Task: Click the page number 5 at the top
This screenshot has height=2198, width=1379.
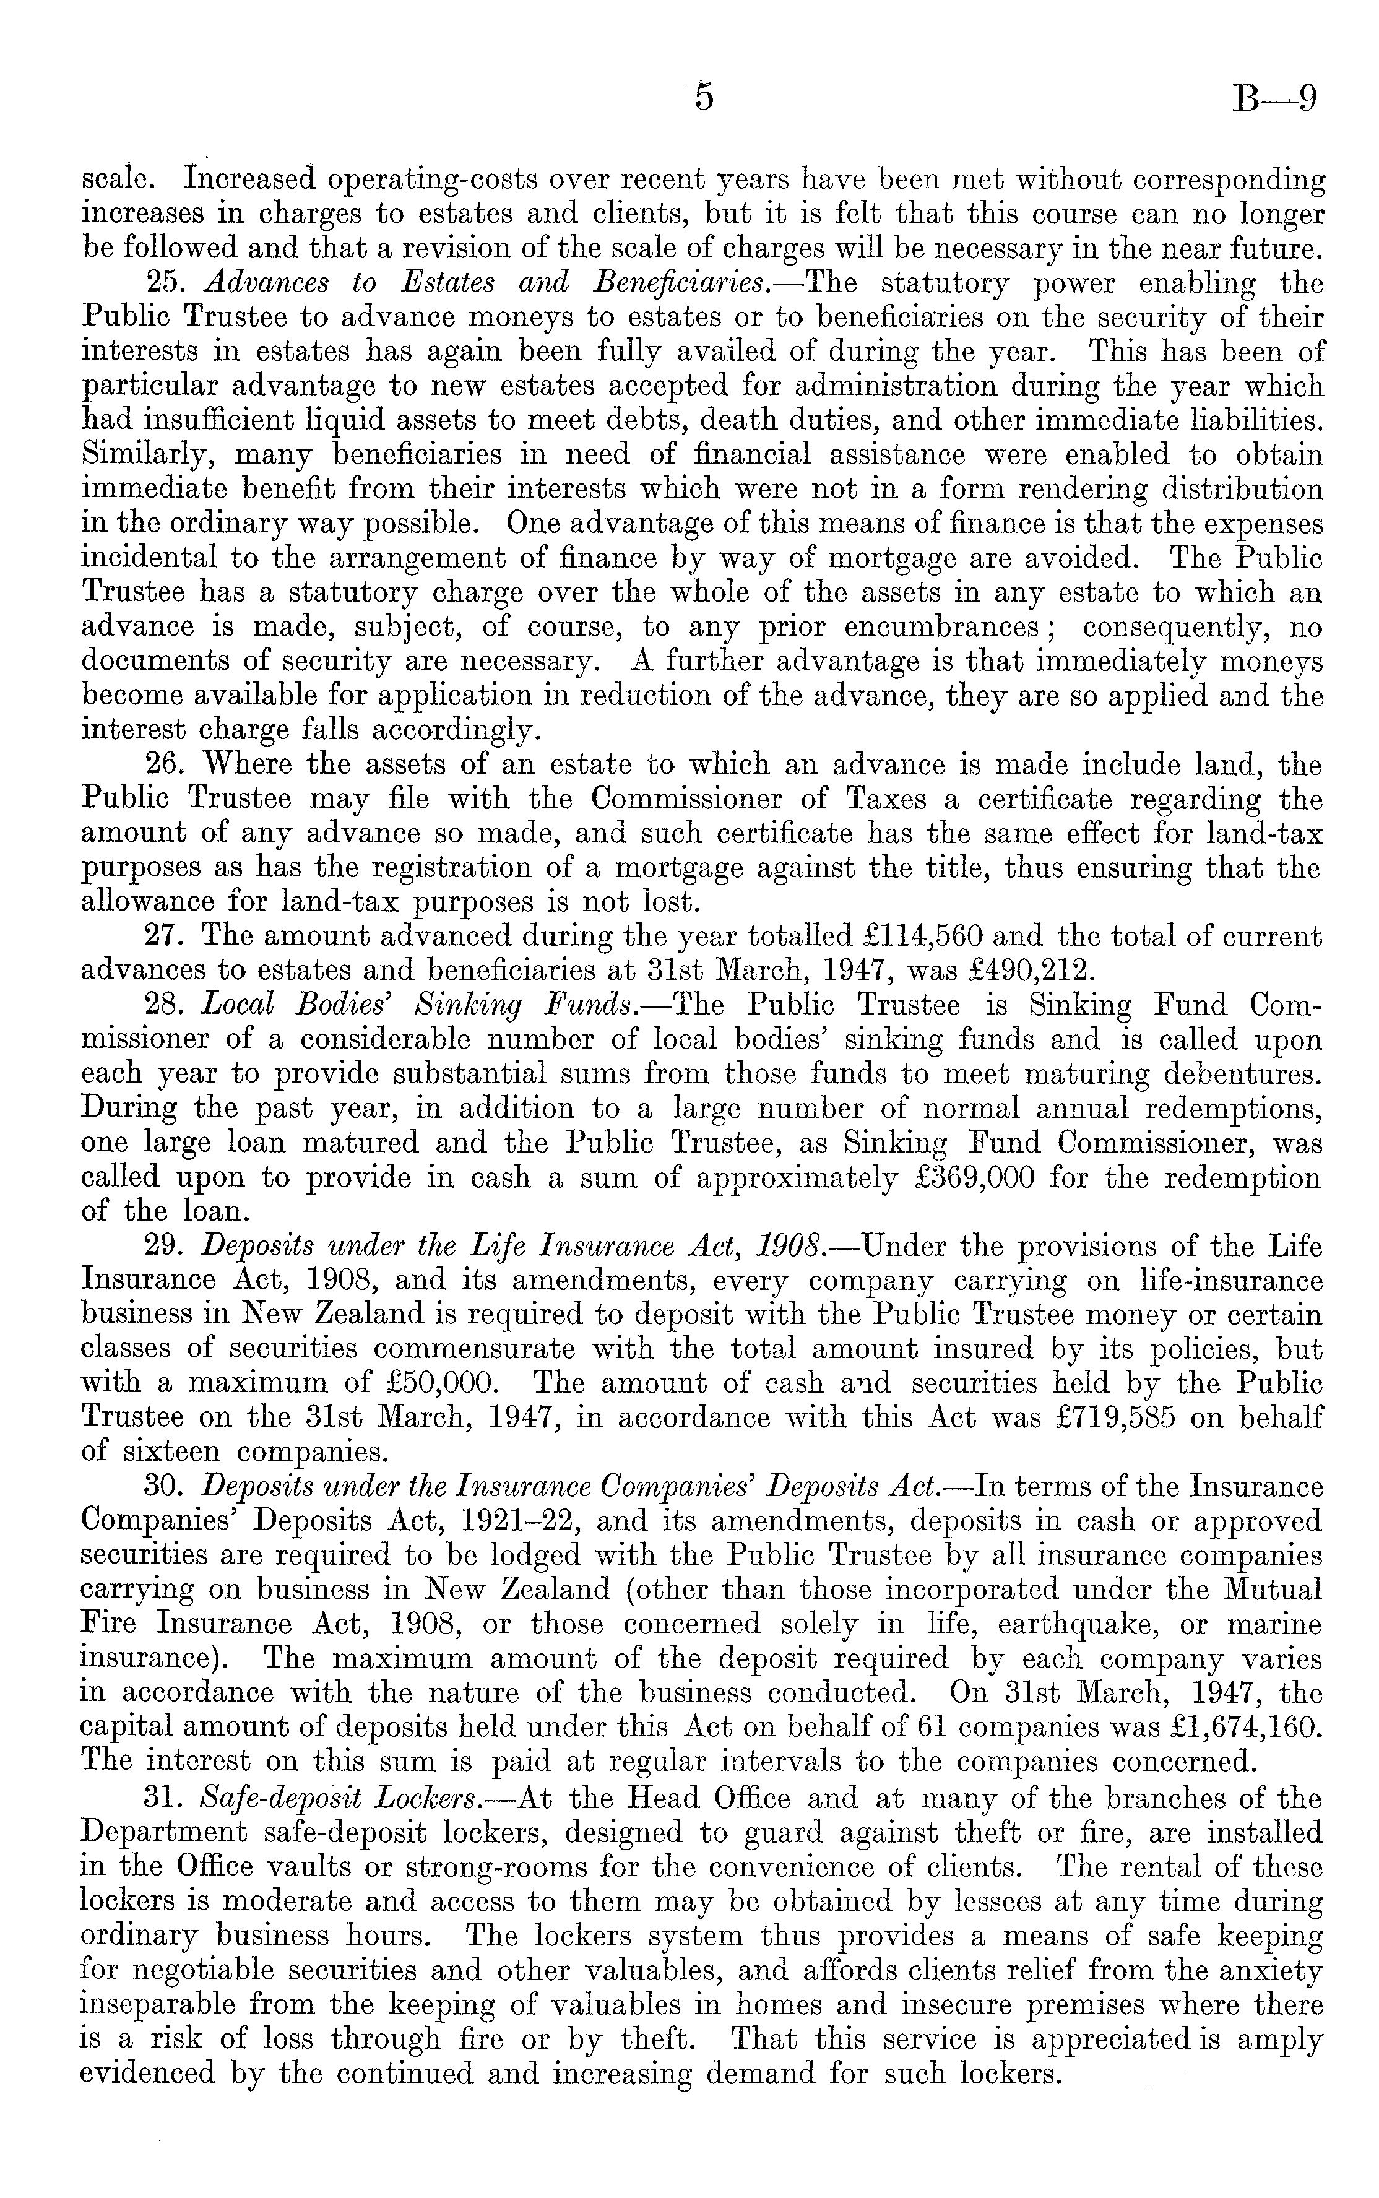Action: tap(703, 96)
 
